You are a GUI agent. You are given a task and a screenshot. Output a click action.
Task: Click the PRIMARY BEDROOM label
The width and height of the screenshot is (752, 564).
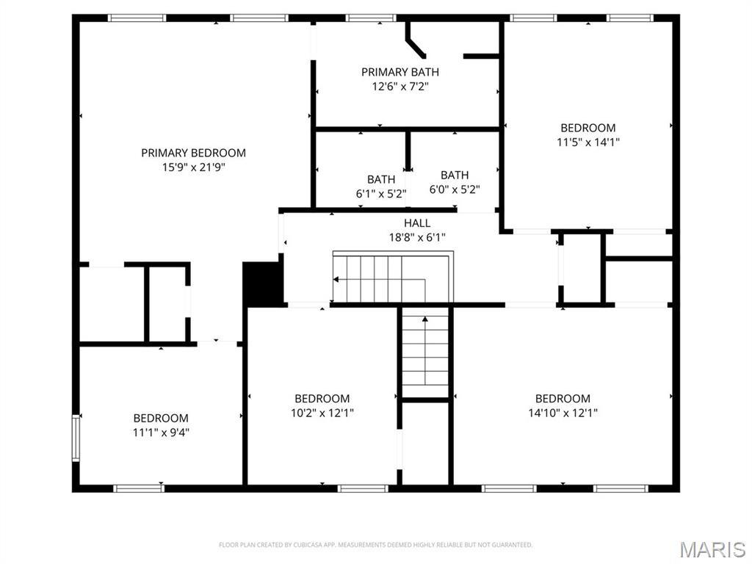(193, 153)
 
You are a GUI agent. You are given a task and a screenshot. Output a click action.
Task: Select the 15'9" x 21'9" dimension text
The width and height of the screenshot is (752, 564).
(194, 167)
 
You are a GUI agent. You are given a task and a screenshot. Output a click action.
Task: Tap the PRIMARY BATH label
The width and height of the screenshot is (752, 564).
(400, 72)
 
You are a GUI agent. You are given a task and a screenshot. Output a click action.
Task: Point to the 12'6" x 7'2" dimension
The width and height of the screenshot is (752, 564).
(400, 87)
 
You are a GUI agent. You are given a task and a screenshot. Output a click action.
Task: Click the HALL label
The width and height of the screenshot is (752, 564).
(417, 223)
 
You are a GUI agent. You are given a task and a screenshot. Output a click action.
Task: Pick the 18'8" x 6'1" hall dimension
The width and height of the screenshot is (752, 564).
(417, 237)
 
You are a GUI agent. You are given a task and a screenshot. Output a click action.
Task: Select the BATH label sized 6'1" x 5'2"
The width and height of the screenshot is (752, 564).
(381, 179)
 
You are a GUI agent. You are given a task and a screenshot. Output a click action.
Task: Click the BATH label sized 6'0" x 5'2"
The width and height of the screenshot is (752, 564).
(455, 175)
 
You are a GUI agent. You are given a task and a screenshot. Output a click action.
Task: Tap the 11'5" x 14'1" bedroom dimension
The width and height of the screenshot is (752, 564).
(588, 142)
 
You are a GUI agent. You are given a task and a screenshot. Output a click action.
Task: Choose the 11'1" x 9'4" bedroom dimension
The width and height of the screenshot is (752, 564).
(161, 433)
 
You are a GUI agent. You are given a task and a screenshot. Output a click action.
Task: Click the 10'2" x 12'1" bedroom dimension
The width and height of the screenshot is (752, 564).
(322, 413)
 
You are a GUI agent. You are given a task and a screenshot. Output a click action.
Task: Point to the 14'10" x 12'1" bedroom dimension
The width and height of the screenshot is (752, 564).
(563, 413)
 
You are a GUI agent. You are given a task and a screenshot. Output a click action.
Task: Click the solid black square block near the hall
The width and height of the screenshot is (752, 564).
(262, 284)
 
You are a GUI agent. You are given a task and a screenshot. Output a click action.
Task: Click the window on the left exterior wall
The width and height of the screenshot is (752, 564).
(76, 438)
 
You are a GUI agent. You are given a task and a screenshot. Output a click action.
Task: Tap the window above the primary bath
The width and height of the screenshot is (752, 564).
(371, 18)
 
